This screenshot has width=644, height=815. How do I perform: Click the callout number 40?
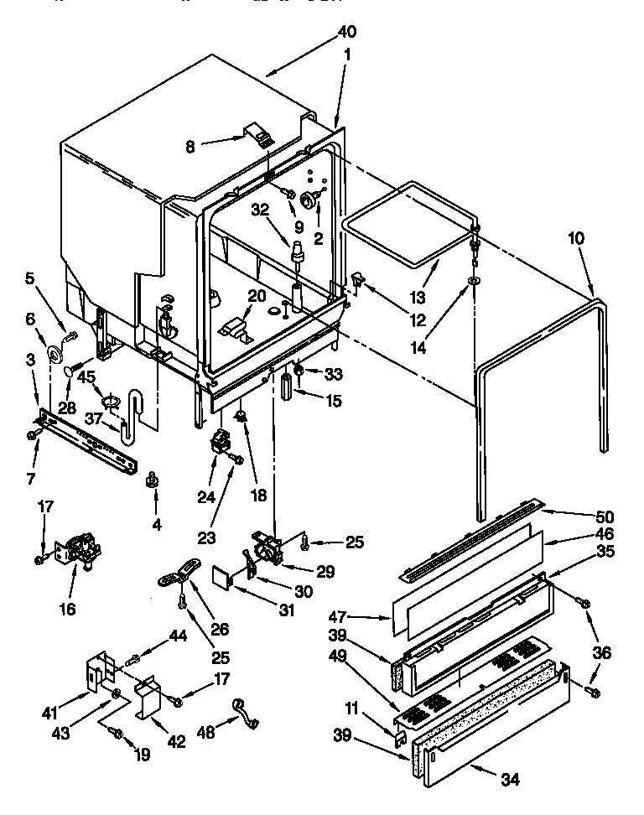click(345, 32)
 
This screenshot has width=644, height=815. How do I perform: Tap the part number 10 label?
click(574, 238)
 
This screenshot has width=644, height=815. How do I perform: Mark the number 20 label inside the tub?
click(256, 296)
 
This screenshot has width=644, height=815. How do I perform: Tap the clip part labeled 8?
click(259, 132)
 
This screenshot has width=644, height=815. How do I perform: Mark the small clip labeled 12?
click(356, 281)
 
